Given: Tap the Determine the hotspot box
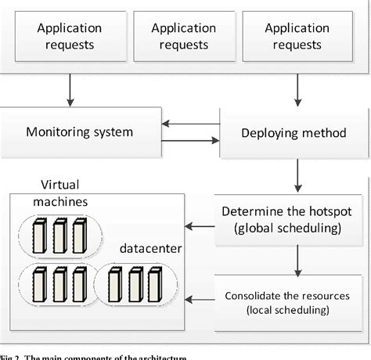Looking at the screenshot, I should tap(294, 220).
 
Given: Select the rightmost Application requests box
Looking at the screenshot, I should tap(297, 36).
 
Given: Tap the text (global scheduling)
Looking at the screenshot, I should tap(294, 228).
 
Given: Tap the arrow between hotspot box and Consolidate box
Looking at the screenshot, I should tap(296, 261).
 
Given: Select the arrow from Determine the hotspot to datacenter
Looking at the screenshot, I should tap(202, 227).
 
